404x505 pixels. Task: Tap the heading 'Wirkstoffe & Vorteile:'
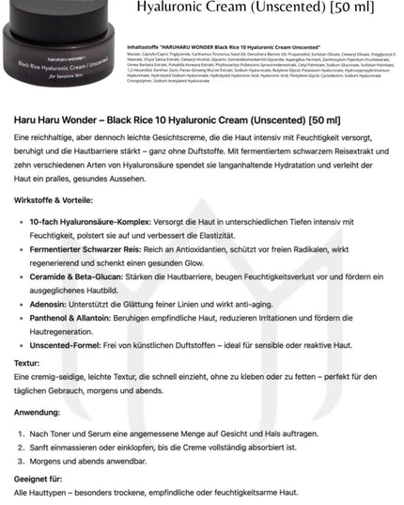[53, 200]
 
